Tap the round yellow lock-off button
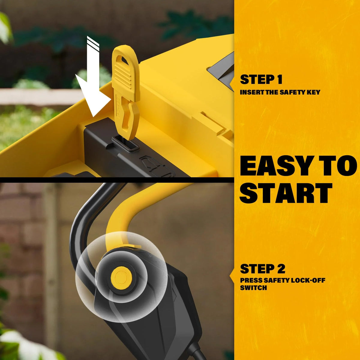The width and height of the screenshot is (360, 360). [x=121, y=277]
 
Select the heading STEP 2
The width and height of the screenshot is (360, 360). [x=262, y=269]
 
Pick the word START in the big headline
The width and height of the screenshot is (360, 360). [x=286, y=193]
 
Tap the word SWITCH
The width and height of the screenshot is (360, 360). [x=253, y=288]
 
